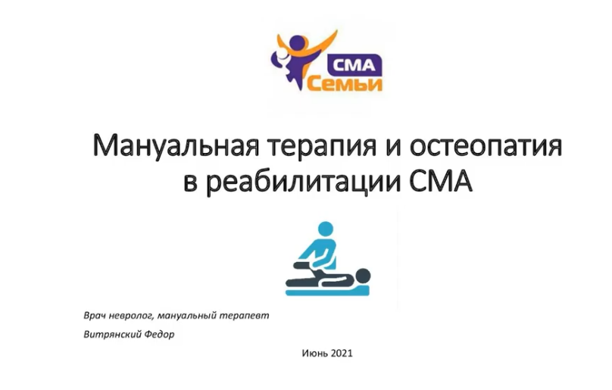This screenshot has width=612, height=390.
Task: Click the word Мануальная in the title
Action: click(x=176, y=146)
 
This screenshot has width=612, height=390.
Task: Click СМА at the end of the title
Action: click(x=442, y=182)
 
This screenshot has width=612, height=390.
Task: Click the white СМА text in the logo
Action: click(x=354, y=65)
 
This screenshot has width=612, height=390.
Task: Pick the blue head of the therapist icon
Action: click(x=326, y=229)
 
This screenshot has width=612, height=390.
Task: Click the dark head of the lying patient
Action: click(x=362, y=276)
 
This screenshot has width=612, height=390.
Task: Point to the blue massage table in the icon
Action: click(x=327, y=290)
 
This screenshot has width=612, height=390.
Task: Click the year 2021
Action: click(x=342, y=354)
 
